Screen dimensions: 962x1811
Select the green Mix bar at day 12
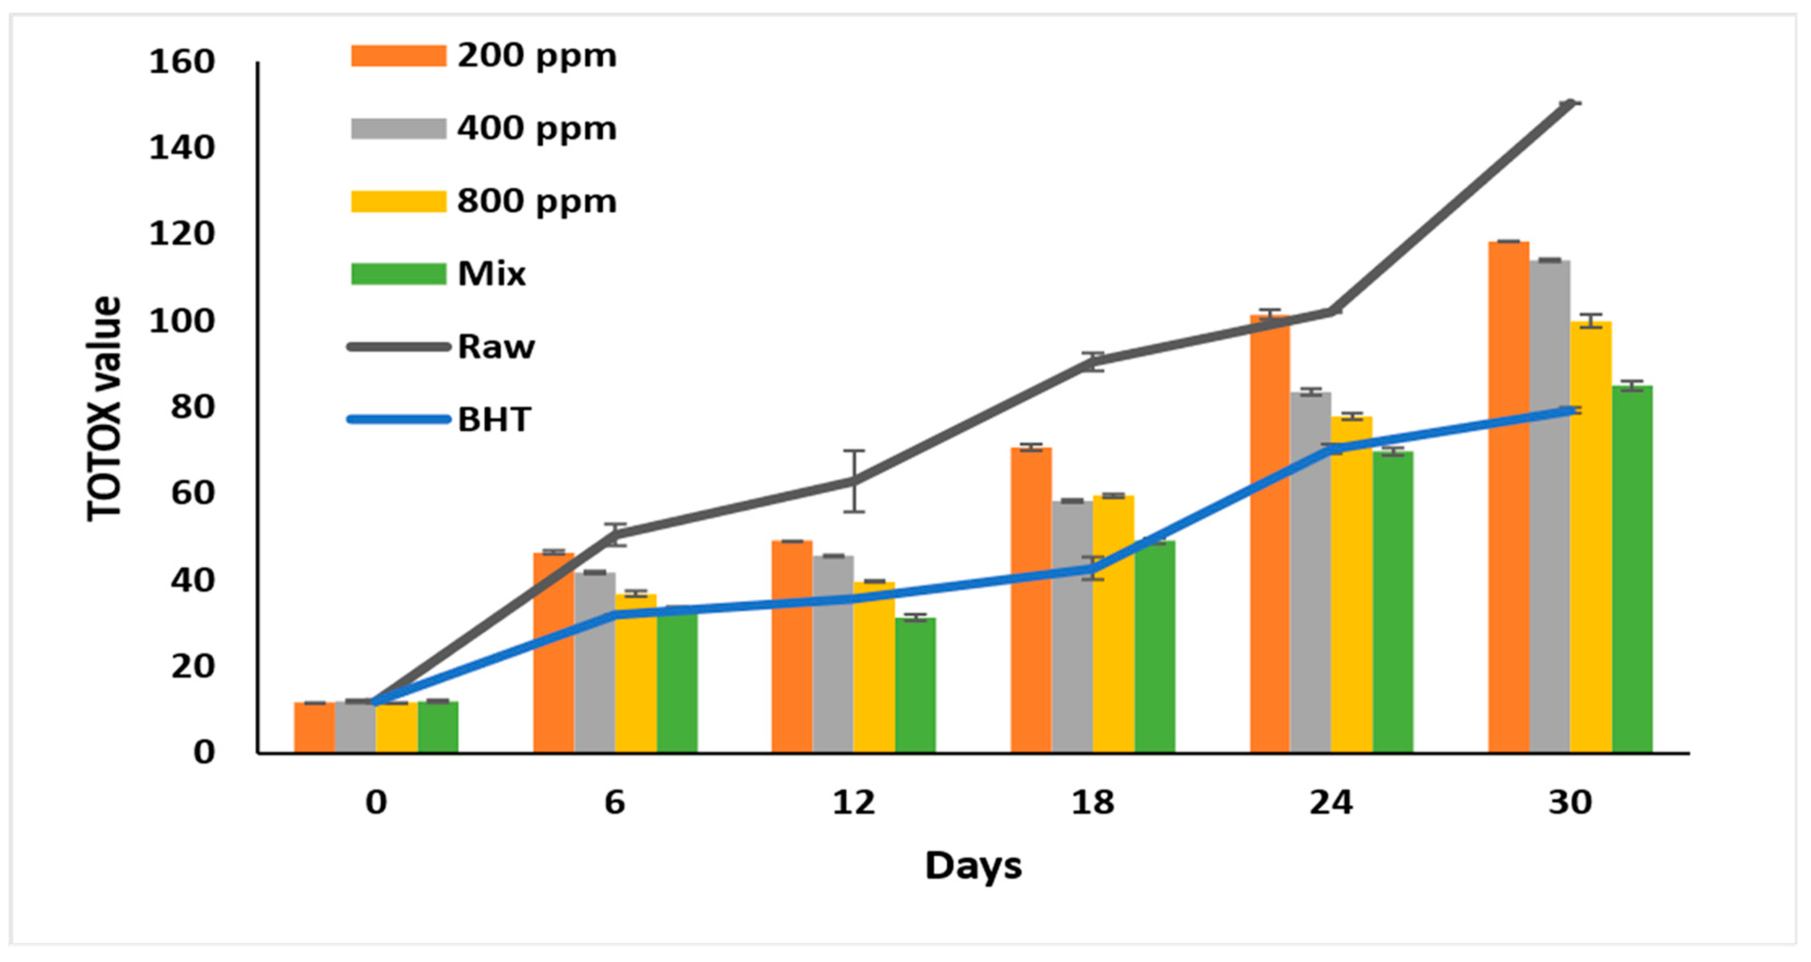pyautogui.click(x=915, y=686)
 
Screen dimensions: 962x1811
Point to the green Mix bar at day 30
pyautogui.click(x=1632, y=570)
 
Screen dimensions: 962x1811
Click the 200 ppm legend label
pyautogui.click(x=536, y=56)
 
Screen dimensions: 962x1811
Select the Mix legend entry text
pyautogui.click(x=491, y=274)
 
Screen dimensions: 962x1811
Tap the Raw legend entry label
pyautogui.click(x=496, y=347)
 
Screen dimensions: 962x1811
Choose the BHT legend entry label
pyautogui.click(x=494, y=420)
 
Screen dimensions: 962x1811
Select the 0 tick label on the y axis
pyautogui.click(x=204, y=752)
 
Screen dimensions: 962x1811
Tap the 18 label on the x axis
pyautogui.click(x=1092, y=803)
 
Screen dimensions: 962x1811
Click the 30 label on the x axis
pyautogui.click(x=1570, y=803)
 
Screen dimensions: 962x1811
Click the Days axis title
pyautogui.click(x=973, y=865)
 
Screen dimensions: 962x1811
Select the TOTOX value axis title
pyautogui.click(x=104, y=408)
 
